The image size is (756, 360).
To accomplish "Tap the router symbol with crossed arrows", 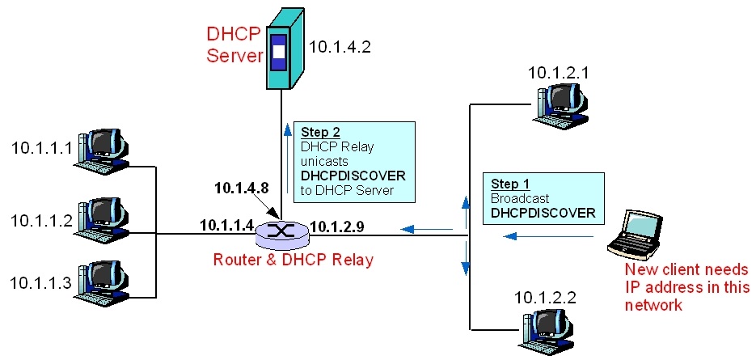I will click(281, 233).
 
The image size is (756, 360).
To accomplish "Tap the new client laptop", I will click(636, 234).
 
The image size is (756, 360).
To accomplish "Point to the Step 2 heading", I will click(321, 132).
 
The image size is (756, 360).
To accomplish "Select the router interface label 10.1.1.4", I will click(227, 224).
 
